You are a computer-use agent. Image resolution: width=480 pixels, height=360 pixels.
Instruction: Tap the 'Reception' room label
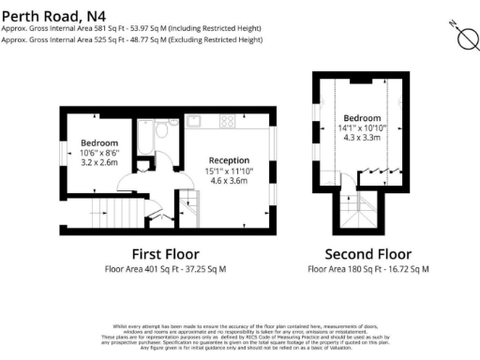click(x=229, y=160)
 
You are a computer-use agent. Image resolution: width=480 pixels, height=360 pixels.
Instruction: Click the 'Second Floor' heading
click(x=367, y=254)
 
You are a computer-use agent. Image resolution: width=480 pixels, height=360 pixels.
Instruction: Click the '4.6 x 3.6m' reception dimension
click(x=229, y=181)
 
